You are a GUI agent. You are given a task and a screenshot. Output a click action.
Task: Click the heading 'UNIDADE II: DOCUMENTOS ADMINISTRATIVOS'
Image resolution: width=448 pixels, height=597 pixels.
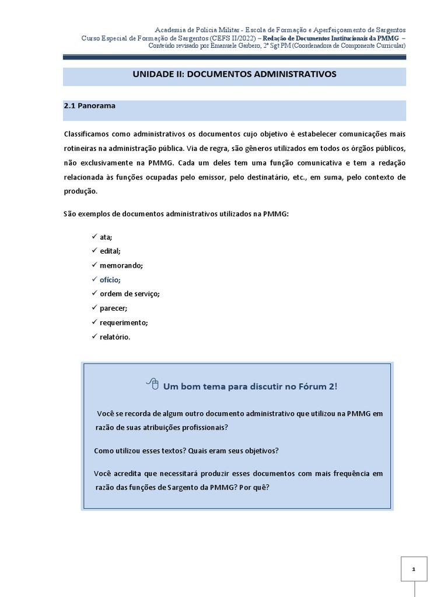(235, 75)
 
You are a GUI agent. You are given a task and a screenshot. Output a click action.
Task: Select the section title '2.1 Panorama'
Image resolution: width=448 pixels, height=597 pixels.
(89, 106)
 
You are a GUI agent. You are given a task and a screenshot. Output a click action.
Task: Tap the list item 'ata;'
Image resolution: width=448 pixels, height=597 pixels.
(106, 237)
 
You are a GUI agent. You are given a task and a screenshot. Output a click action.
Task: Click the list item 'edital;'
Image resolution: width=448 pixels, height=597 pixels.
(110, 251)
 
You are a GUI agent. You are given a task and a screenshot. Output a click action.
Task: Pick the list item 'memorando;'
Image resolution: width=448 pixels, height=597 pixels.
(121, 265)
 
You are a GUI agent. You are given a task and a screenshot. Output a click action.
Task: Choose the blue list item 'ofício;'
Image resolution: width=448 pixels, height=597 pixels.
(110, 280)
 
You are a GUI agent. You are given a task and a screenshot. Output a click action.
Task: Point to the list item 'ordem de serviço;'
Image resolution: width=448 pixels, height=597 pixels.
(129, 294)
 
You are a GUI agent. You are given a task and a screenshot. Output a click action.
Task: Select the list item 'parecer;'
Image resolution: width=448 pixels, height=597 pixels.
(113, 308)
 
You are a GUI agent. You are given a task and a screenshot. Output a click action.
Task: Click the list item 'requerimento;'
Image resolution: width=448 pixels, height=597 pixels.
(124, 322)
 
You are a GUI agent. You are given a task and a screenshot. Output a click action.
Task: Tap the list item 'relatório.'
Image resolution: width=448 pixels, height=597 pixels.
(115, 336)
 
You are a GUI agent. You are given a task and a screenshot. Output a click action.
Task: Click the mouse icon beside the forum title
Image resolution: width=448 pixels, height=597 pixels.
(152, 384)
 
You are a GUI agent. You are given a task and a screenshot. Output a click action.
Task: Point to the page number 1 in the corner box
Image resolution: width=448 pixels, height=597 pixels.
(414, 568)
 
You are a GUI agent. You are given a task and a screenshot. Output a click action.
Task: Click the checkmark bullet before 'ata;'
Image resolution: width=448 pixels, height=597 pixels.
(94, 237)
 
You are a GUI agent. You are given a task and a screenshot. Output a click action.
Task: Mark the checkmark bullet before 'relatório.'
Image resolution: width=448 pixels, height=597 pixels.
(94, 336)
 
